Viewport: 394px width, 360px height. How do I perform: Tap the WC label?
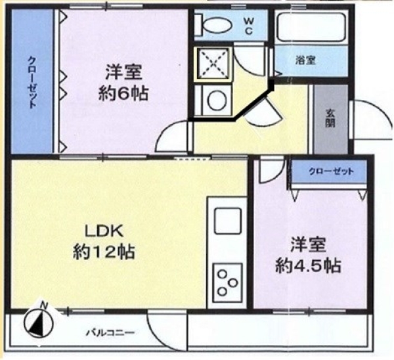248,26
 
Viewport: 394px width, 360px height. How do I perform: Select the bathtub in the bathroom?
311,27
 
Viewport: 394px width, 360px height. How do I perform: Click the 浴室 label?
305,60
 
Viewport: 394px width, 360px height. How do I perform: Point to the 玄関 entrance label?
331,119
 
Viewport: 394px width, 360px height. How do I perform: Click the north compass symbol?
39,321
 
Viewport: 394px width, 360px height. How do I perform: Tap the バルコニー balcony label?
111,333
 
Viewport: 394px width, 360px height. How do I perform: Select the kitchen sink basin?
228,221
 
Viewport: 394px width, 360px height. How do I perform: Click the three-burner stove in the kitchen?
228,282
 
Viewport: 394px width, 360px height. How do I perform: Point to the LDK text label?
104,231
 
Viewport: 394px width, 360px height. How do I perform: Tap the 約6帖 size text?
123,93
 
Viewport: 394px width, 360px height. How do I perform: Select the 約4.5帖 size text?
309,265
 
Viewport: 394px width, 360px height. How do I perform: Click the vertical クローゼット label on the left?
32,82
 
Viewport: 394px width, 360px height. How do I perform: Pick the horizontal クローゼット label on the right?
331,171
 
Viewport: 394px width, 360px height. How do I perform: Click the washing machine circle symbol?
217,101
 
